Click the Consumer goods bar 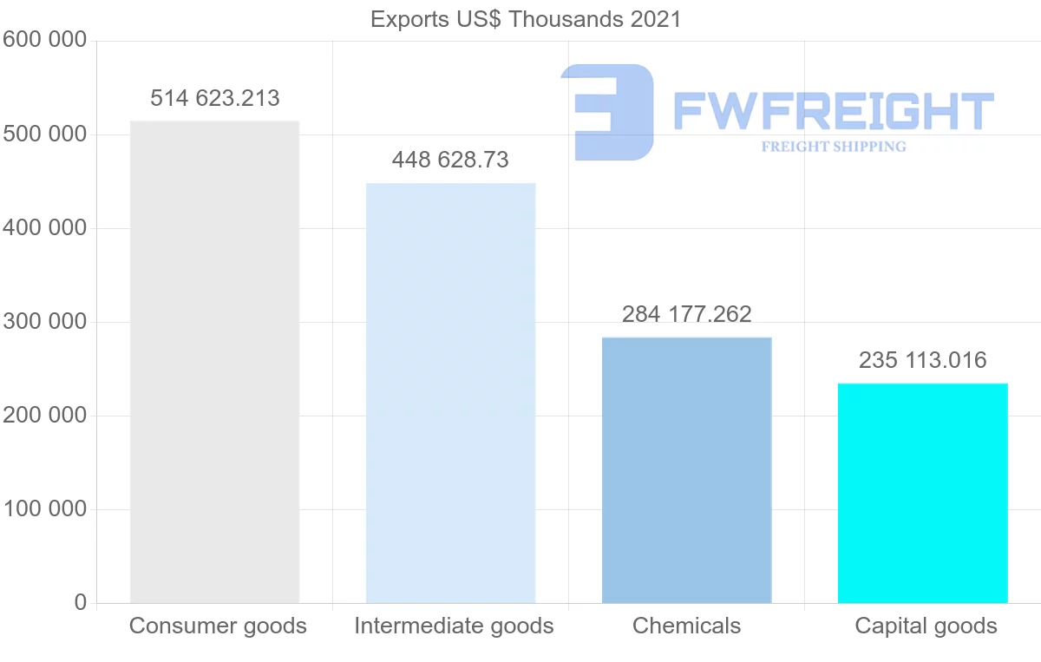214,362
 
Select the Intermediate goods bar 450,392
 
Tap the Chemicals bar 686,469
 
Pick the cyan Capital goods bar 922,493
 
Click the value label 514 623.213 215,98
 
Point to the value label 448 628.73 450,161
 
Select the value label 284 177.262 687,314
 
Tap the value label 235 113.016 923,360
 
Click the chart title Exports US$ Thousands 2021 526,19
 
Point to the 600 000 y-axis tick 44,41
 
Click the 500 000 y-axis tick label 44,134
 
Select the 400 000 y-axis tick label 44,228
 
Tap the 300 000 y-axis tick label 44,322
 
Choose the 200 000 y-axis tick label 44,416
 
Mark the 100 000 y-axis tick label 44,509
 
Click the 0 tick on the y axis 81,603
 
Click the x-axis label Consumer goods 218,626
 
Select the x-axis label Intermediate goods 454,626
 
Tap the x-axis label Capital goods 926,626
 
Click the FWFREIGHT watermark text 833,111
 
